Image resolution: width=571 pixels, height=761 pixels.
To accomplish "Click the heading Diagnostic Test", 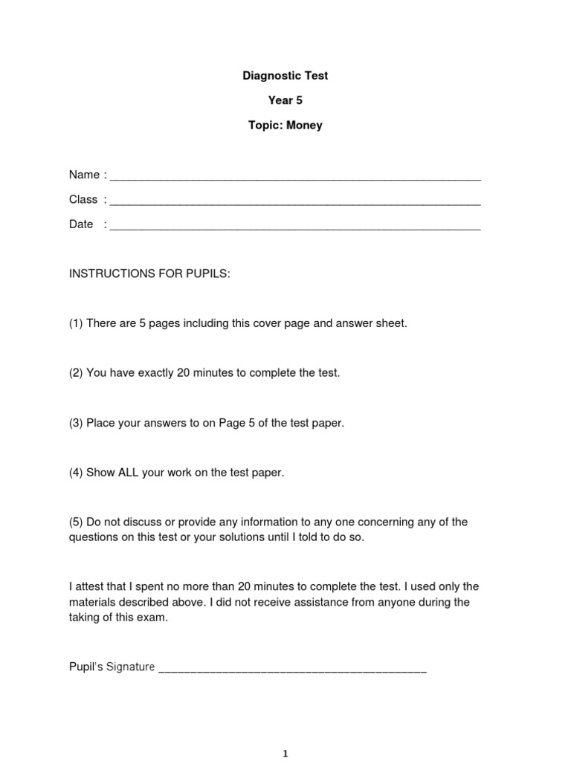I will tap(285, 76).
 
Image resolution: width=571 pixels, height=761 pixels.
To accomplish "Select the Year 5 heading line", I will tap(285, 100).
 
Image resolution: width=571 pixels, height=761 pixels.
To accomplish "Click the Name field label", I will tap(84, 175).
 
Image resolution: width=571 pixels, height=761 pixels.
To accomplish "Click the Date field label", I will tap(81, 224).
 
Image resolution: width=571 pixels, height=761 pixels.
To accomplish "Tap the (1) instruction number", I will tap(76, 323).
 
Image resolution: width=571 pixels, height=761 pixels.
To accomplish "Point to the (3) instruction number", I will tap(76, 423).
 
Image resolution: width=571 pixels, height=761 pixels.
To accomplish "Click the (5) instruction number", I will tap(76, 522).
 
